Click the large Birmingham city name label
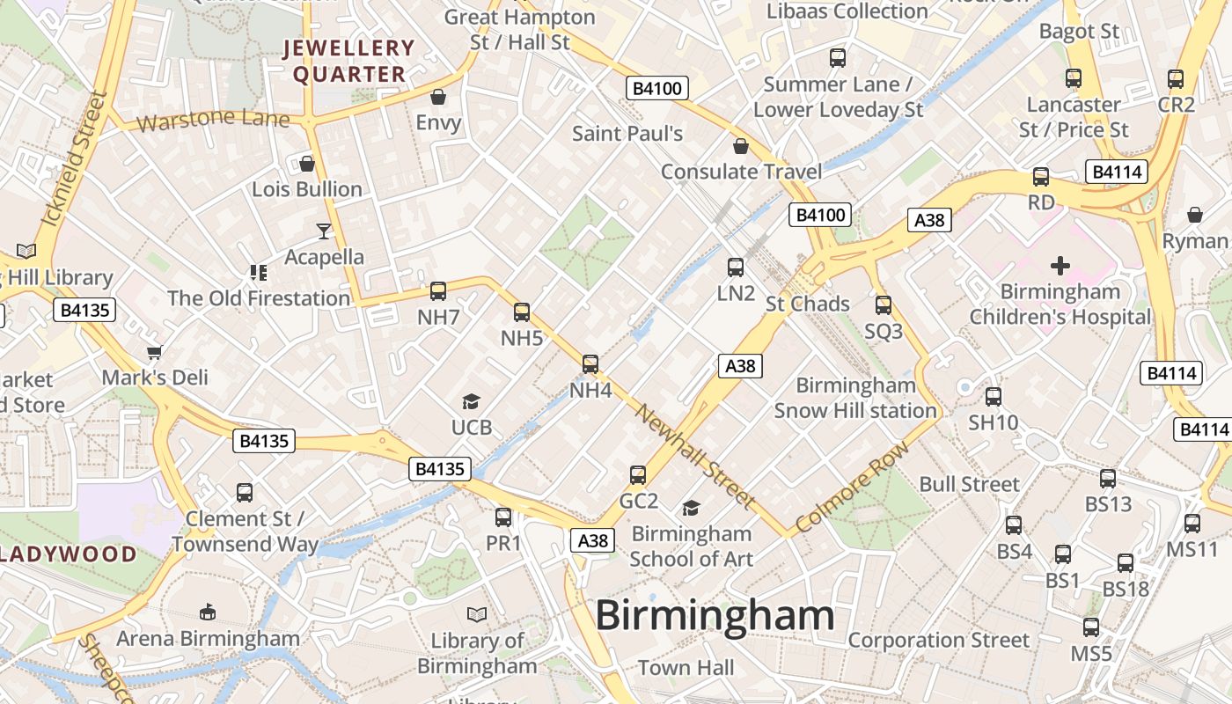click(715, 615)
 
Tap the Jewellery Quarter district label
click(348, 62)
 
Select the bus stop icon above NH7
click(438, 291)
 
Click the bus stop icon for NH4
click(590, 363)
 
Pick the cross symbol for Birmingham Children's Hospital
click(1060, 265)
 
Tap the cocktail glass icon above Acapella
click(324, 231)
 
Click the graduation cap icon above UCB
click(471, 402)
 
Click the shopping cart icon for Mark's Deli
click(155, 352)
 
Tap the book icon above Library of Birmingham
click(477, 614)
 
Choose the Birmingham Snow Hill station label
click(855, 398)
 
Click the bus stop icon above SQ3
click(884, 305)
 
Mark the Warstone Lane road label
click(213, 119)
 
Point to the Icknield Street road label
click(74, 159)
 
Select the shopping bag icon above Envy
click(438, 97)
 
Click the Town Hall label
click(686, 668)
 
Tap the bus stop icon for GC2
click(638, 475)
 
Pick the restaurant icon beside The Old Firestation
click(258, 273)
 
